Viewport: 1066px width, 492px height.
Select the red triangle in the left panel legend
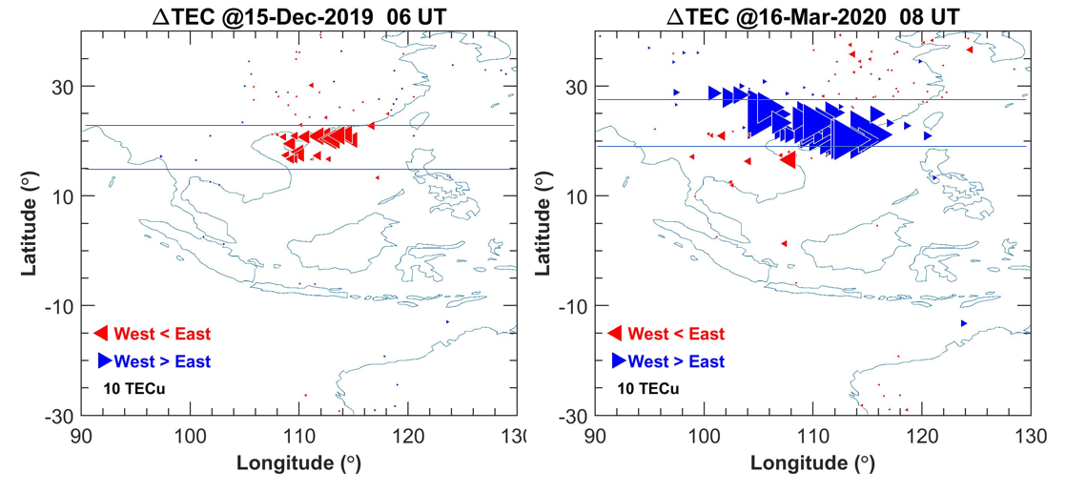coord(101,333)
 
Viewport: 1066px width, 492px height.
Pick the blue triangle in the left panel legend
coord(104,360)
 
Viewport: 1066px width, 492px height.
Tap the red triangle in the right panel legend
coord(615,333)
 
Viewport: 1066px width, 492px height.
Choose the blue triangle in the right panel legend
coord(619,360)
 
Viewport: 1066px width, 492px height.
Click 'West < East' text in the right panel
coord(677,334)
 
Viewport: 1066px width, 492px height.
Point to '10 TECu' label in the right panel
coord(648,388)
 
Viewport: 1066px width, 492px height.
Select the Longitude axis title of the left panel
coord(298,463)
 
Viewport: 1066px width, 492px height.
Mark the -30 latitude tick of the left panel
coord(61,416)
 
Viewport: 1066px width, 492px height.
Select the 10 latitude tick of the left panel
coord(65,195)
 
